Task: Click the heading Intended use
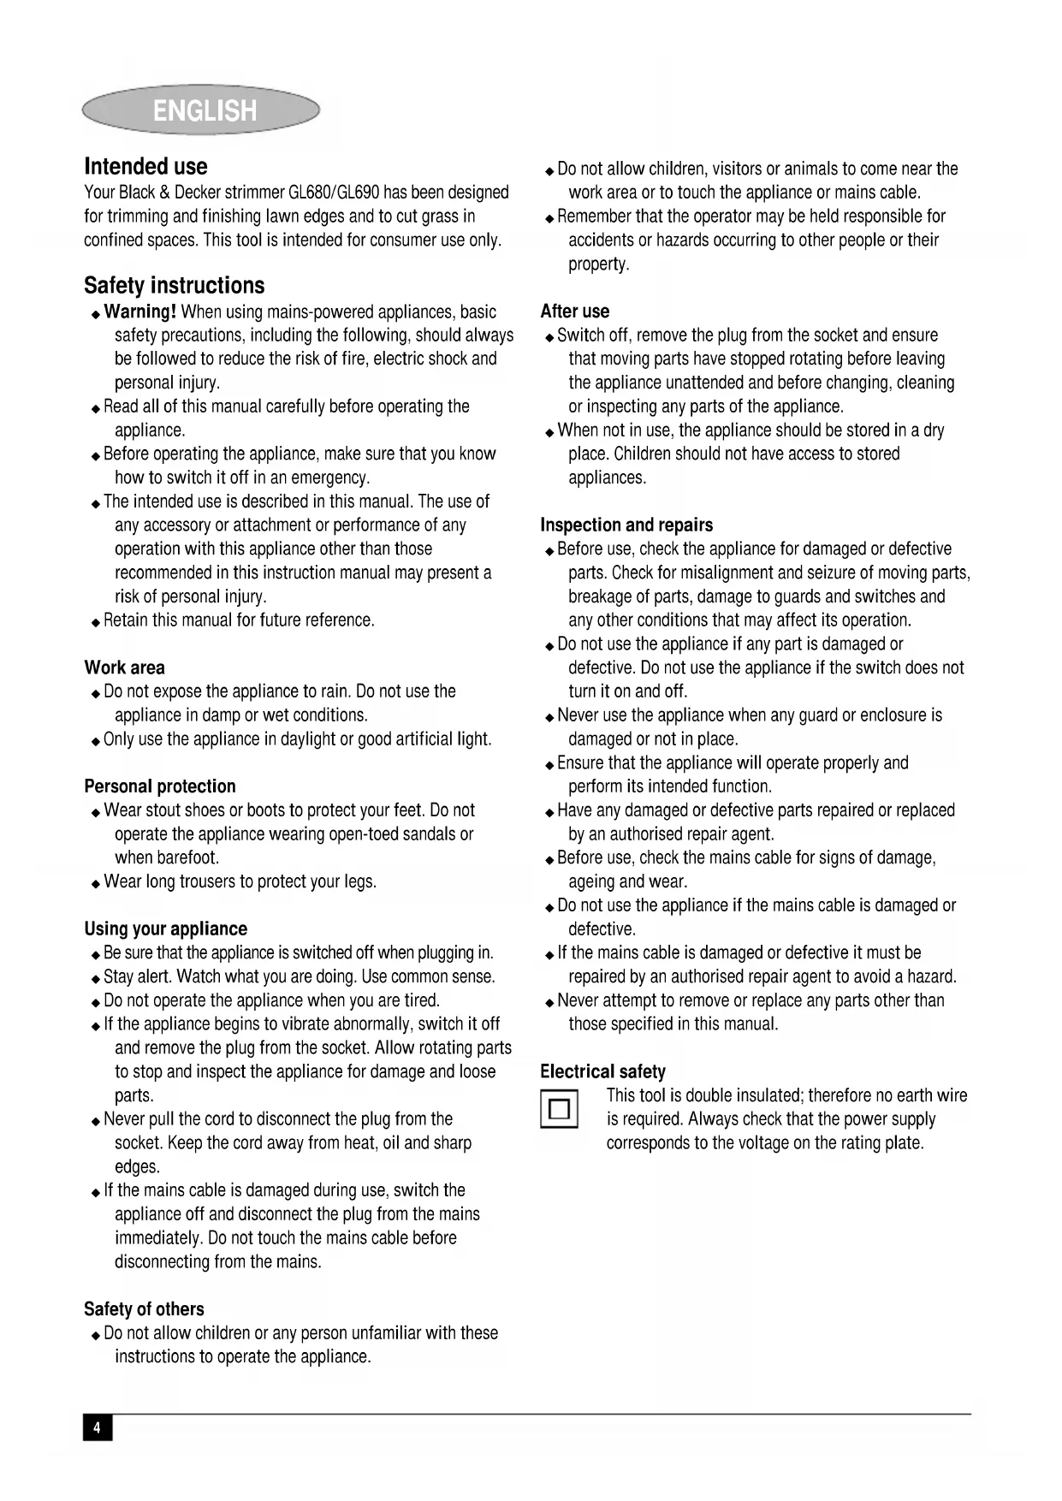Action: click(145, 167)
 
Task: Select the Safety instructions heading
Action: click(174, 286)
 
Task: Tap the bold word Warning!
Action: click(139, 311)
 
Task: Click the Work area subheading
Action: click(124, 667)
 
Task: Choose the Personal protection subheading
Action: click(159, 786)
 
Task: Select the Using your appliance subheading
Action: click(165, 928)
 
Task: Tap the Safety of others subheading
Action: click(144, 1308)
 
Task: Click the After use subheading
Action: click(574, 311)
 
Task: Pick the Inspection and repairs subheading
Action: click(626, 525)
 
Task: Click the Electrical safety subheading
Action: click(602, 1071)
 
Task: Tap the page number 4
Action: click(98, 1427)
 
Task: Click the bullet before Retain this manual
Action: click(95, 622)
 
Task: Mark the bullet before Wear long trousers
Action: click(95, 883)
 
